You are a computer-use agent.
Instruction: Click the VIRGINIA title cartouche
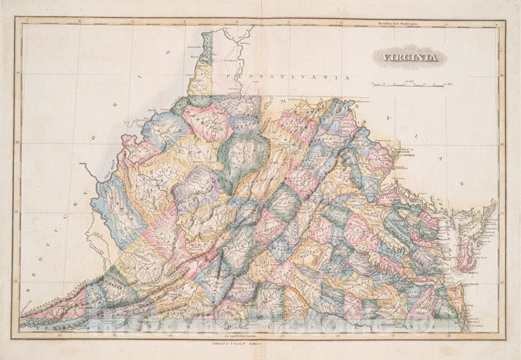click(x=410, y=58)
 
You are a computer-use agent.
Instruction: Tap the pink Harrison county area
click(x=206, y=121)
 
